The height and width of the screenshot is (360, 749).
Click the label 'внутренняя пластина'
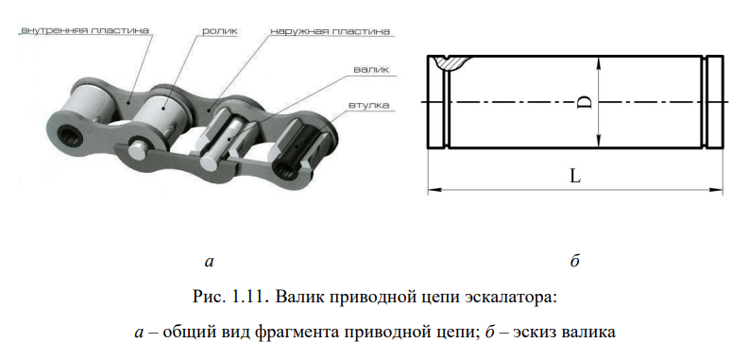[85, 30]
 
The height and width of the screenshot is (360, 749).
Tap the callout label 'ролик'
[220, 31]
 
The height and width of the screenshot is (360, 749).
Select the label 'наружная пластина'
[330, 31]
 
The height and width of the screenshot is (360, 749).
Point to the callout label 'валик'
[371, 69]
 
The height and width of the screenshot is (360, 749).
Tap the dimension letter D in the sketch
[586, 102]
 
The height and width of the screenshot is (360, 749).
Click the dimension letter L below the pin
[575, 177]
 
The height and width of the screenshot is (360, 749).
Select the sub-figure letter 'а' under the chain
[209, 261]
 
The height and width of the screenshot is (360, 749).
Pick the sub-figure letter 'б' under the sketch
[574, 261]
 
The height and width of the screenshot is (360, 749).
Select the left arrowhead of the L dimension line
[434, 190]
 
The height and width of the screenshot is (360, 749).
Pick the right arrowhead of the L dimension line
[717, 190]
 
